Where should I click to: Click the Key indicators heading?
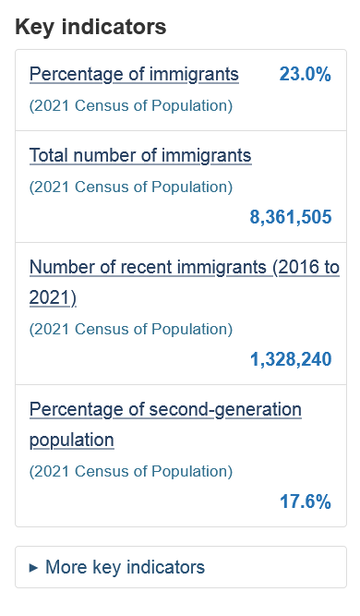(x=90, y=27)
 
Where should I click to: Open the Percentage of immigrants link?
(x=134, y=74)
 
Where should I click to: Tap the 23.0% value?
(x=305, y=74)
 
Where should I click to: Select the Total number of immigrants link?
(x=140, y=155)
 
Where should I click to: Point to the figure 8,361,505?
(x=291, y=217)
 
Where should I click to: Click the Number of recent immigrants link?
(x=185, y=282)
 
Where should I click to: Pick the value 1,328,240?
(x=291, y=359)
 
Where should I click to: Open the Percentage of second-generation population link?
(x=165, y=424)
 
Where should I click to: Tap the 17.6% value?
(x=305, y=501)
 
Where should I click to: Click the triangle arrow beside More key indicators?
(x=34, y=568)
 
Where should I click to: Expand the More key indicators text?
(x=125, y=567)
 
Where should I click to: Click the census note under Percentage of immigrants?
(x=131, y=105)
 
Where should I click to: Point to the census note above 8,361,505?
(x=131, y=187)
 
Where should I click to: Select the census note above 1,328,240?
(x=131, y=329)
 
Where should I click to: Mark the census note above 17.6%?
(x=131, y=471)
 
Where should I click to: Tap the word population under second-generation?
(x=71, y=440)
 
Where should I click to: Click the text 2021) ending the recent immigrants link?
(x=53, y=297)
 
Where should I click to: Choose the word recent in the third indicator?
(x=146, y=268)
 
